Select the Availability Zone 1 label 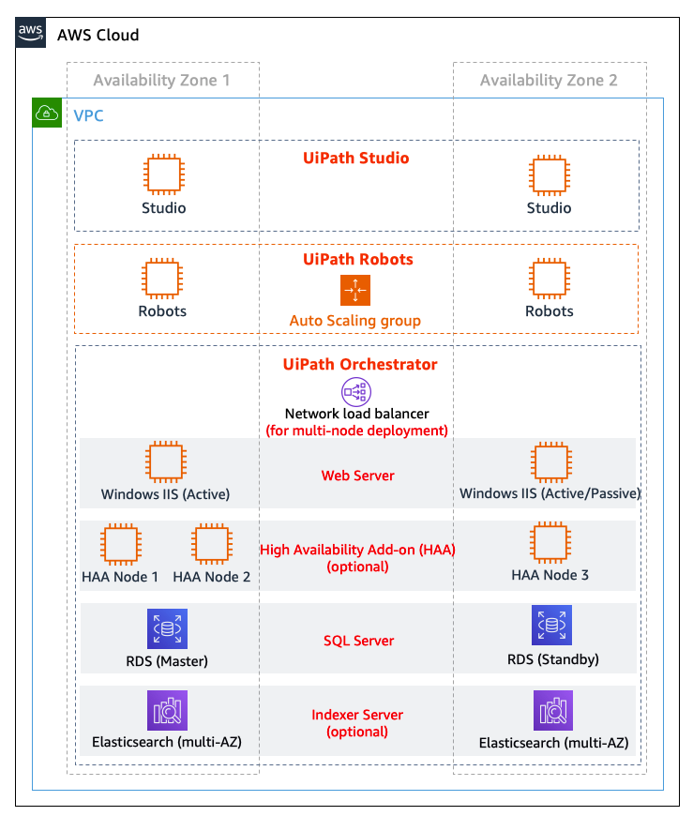pos(161,81)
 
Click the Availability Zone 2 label pos(549,81)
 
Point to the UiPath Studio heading pos(356,158)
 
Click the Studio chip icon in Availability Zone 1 pos(163,174)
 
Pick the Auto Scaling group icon pos(355,291)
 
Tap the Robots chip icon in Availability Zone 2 pos(550,279)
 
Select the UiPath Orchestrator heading pos(360,364)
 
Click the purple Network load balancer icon pos(356,391)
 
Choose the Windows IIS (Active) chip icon pos(165,462)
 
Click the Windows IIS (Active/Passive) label pos(550,493)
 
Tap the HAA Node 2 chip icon pos(212,545)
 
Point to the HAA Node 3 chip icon pos(550,543)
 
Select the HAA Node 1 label pos(120,577)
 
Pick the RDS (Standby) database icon pos(552,626)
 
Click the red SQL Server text pos(358,641)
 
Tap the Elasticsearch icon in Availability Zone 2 pos(553,711)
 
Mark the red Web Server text pos(358,476)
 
